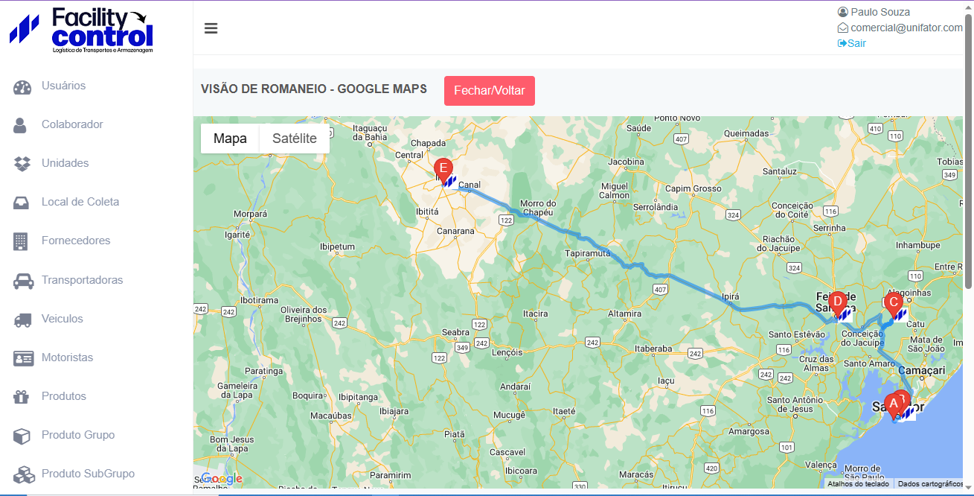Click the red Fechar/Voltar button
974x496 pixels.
tap(489, 91)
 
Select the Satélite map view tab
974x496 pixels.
tap(294, 139)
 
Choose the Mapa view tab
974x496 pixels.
tap(230, 139)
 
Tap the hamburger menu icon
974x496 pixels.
tap(211, 28)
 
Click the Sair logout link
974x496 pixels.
tap(852, 43)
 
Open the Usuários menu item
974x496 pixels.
tap(63, 86)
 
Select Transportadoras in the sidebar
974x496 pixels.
tap(82, 280)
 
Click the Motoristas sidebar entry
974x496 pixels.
tap(67, 357)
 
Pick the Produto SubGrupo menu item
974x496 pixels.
tap(88, 474)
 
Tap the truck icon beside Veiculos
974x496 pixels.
tap(23, 319)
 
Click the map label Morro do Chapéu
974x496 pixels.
tap(538, 208)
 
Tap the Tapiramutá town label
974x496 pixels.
tap(588, 253)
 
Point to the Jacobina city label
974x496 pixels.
tap(626, 162)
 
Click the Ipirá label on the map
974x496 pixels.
tap(731, 296)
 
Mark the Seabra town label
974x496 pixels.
tap(455, 333)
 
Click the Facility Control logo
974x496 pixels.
tap(82, 30)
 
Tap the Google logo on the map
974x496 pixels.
tap(222, 478)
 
